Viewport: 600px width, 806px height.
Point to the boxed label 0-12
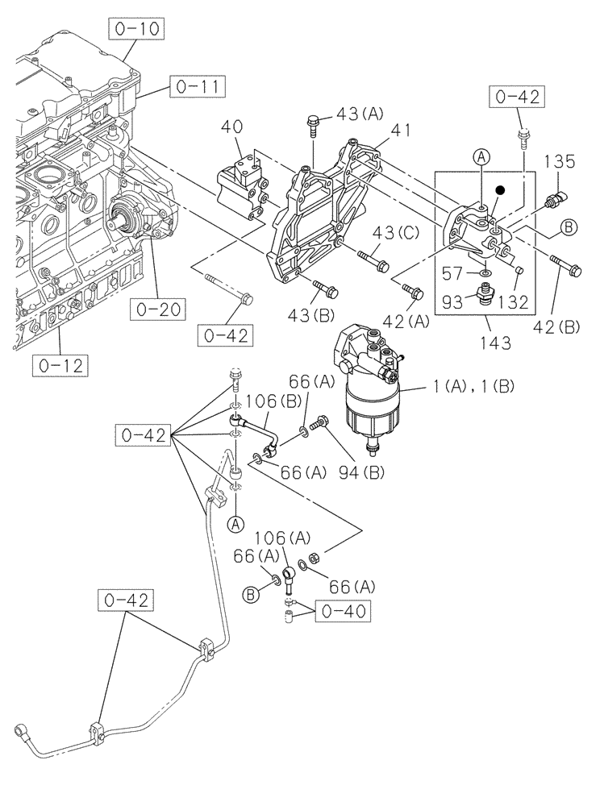click(x=61, y=366)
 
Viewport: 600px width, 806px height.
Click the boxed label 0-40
click(x=342, y=612)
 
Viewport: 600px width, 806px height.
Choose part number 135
click(x=558, y=161)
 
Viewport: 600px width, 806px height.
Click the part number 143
click(x=494, y=343)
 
